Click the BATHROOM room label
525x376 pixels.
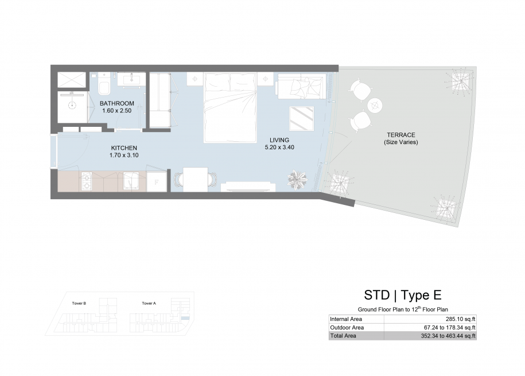(x=117, y=103)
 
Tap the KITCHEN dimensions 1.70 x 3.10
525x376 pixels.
(x=124, y=155)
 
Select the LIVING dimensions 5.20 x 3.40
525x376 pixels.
(x=279, y=147)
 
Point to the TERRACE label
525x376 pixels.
(x=401, y=135)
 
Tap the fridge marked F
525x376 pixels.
(x=157, y=182)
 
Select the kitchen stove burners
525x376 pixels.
(x=87, y=181)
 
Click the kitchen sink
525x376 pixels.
(x=131, y=181)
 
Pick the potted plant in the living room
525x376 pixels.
(x=297, y=180)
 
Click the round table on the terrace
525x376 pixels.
(x=375, y=106)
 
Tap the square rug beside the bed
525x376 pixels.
(x=302, y=119)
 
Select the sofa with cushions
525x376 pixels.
(x=301, y=87)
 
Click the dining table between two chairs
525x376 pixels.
(x=196, y=180)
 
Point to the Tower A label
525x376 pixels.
(x=149, y=303)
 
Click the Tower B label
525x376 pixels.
(x=79, y=303)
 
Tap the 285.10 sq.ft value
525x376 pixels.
(x=460, y=319)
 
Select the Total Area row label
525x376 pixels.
(x=343, y=336)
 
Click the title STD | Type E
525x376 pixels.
(x=403, y=295)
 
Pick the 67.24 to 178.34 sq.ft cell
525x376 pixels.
(x=450, y=327)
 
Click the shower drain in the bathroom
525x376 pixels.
(x=72, y=105)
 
